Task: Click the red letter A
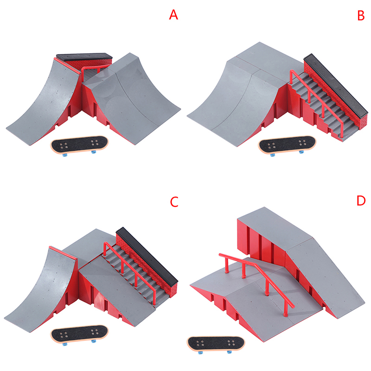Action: point(173,15)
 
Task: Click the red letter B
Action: point(361,15)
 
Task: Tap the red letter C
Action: point(174,202)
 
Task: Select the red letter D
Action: point(361,201)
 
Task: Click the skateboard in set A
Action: point(79,145)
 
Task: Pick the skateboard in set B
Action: point(287,145)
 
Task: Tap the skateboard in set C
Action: point(79,334)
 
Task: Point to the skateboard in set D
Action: point(216,344)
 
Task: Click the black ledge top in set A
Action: point(84,57)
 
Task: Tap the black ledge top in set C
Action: point(147,257)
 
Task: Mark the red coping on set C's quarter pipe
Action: point(63,253)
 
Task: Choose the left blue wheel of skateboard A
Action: point(65,155)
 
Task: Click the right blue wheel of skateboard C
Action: point(94,341)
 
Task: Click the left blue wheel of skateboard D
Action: point(201,353)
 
